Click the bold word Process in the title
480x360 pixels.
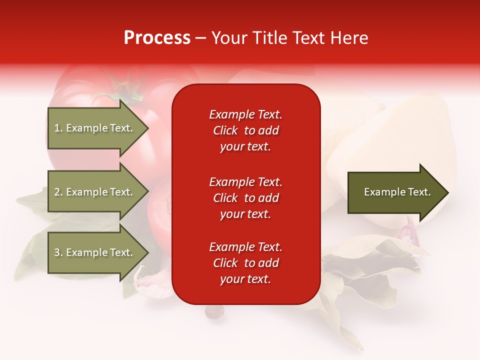(157, 38)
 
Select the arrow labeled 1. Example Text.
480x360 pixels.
(95, 128)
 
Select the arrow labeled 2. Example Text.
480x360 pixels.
(95, 192)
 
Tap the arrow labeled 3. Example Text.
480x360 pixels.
(95, 252)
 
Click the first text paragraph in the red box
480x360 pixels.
(245, 130)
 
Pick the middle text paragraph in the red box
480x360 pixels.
(245, 198)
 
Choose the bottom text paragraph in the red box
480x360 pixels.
(245, 263)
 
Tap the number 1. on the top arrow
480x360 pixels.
(58, 128)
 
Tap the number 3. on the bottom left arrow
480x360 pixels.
(58, 252)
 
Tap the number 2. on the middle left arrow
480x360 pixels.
(58, 192)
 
